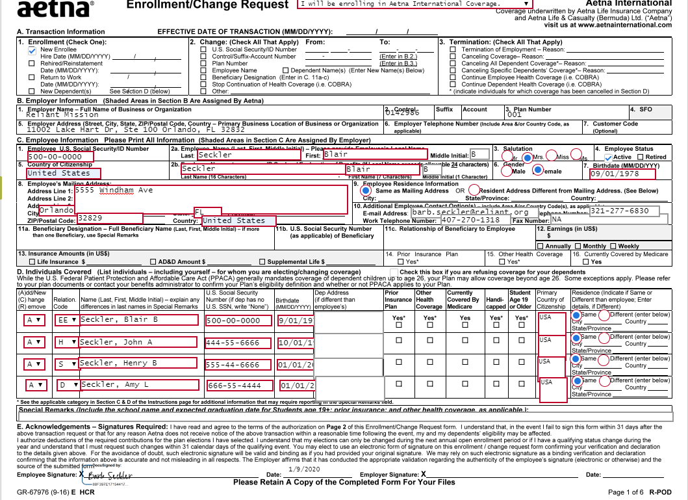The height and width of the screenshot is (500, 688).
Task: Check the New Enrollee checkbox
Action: pyautogui.click(x=32, y=50)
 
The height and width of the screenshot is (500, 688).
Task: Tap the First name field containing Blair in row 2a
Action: pyautogui.click(x=375, y=155)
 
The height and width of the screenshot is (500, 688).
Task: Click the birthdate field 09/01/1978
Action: pyautogui.click(x=622, y=174)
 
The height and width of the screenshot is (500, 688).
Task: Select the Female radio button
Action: pyautogui.click(x=538, y=170)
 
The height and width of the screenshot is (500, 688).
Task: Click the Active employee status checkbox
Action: pyautogui.click(x=609, y=157)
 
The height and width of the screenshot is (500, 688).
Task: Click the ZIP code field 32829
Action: pyautogui.click(x=109, y=218)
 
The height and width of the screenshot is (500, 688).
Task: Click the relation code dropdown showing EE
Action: pyautogui.click(x=66, y=321)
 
